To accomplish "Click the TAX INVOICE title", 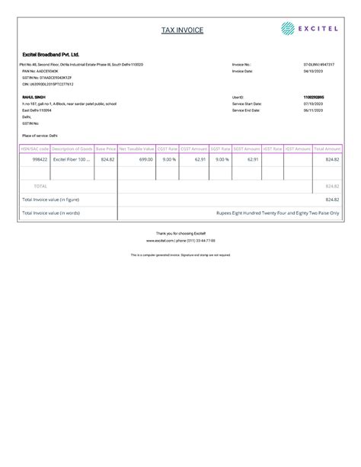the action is point(182,30).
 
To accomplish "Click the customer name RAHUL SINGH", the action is point(34,98).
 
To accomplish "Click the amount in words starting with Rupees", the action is point(277,213).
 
